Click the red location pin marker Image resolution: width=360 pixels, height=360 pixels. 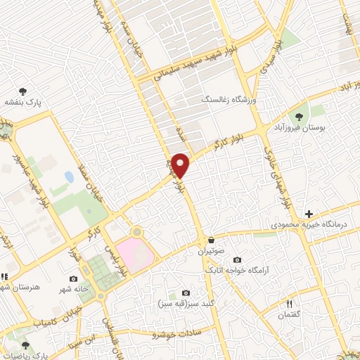pos(181,165)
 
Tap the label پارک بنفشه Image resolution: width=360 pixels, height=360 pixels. pos(25,102)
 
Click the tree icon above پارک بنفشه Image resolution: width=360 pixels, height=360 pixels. pos(24,91)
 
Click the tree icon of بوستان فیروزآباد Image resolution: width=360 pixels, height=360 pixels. pos(300,117)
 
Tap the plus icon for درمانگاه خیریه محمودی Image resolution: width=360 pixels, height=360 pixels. pos(309,214)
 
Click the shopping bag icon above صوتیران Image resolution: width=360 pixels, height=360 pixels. pos(212,240)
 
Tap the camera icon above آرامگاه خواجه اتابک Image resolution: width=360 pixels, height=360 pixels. pos(236,259)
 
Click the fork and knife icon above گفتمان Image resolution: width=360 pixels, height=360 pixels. pos(288,304)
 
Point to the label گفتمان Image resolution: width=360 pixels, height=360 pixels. pos(288,316)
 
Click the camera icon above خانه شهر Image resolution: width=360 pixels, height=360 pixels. pos(73,279)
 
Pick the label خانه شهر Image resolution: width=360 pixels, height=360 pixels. pos(74,290)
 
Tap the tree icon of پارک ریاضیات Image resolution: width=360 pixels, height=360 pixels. pos(26,345)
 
